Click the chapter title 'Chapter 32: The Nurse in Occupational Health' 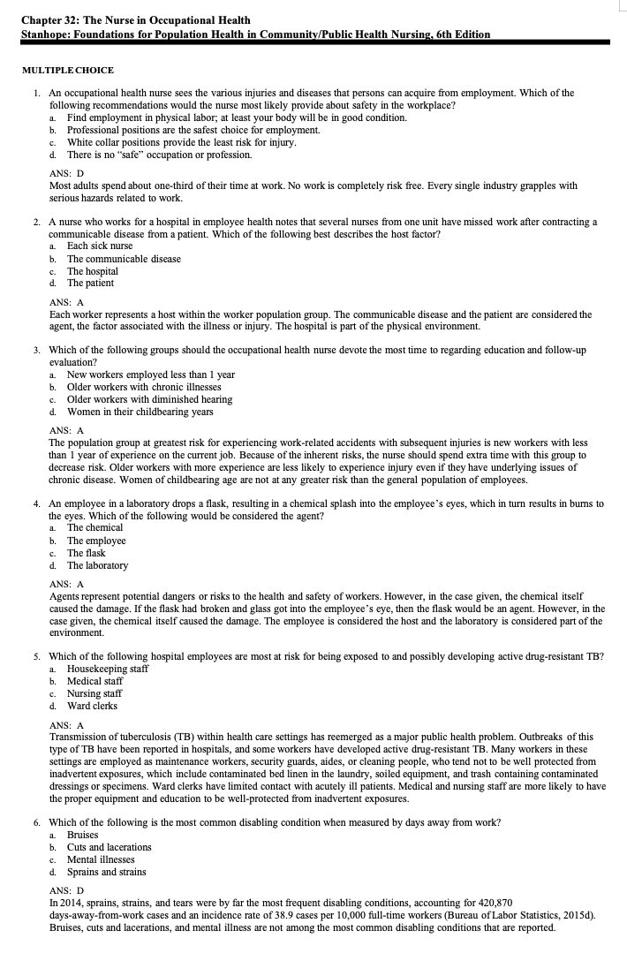(x=135, y=20)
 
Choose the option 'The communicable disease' (x=124, y=259)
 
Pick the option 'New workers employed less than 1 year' (x=151, y=375)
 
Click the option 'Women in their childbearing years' (x=140, y=412)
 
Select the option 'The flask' (x=86, y=553)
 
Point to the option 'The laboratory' (x=97, y=565)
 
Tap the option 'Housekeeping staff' (x=108, y=669)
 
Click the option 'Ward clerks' (x=92, y=706)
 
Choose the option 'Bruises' (x=83, y=835)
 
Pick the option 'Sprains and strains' (x=107, y=872)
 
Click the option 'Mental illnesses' (x=101, y=859)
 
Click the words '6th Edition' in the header (x=457, y=34)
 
